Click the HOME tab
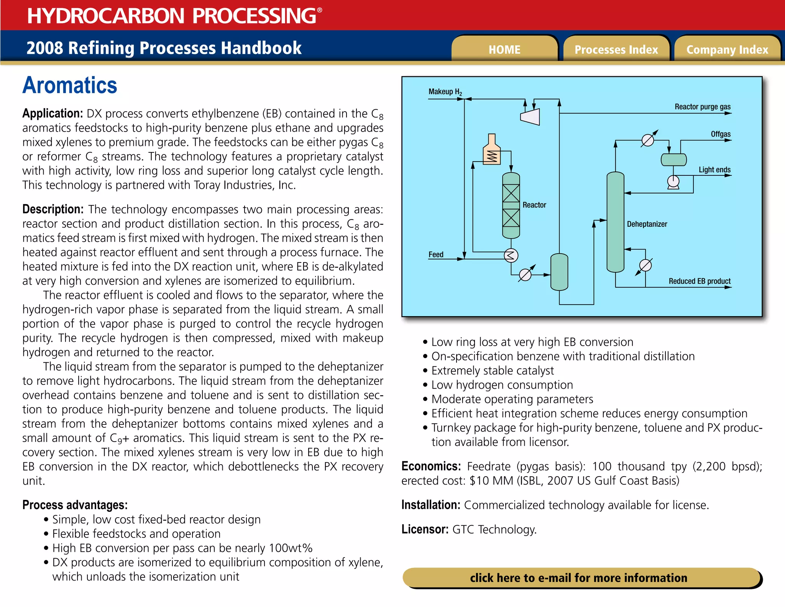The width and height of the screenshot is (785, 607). (x=504, y=49)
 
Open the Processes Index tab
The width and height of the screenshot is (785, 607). (x=616, y=49)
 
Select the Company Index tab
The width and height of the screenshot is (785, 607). (x=727, y=49)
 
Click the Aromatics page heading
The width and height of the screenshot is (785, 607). (x=70, y=85)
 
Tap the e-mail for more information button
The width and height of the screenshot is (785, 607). (x=579, y=577)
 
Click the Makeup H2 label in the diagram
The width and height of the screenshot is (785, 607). (x=445, y=92)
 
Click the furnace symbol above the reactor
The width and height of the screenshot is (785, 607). (x=492, y=151)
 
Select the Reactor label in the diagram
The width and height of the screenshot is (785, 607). (x=534, y=205)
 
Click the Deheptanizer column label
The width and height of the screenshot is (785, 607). (x=647, y=224)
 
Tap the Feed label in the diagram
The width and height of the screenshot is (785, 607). (x=436, y=254)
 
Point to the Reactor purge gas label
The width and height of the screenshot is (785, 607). (x=702, y=107)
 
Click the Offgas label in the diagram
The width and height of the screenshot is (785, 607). (x=721, y=134)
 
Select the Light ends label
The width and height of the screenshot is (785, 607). (x=714, y=170)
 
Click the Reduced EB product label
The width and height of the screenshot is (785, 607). (x=700, y=281)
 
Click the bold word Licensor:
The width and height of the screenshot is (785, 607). (x=425, y=529)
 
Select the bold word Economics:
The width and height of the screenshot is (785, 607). (x=431, y=466)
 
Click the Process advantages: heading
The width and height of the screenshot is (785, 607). (x=75, y=505)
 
